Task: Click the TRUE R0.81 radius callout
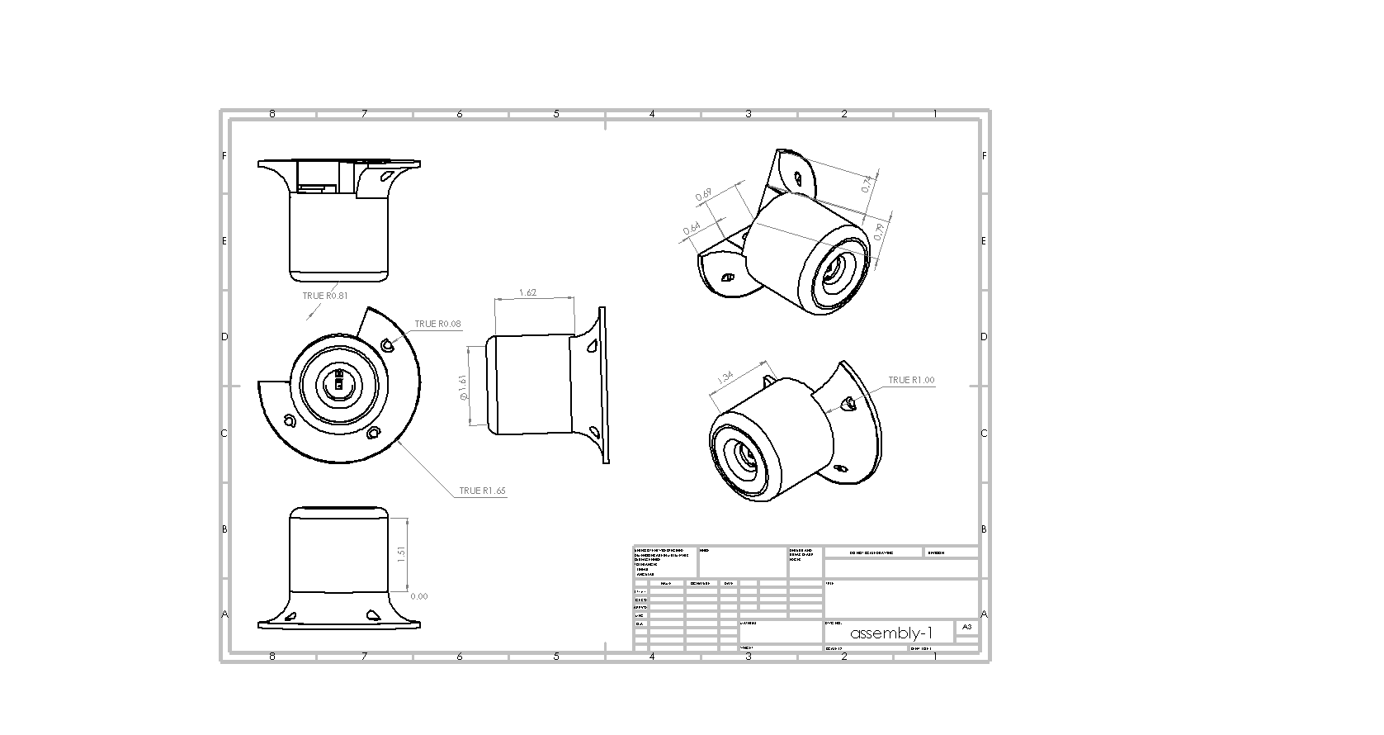click(x=324, y=296)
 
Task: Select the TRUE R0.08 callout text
click(x=437, y=324)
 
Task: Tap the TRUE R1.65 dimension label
click(x=482, y=491)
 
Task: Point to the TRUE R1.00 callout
click(x=911, y=380)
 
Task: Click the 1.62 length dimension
click(x=528, y=292)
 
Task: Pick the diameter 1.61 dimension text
click(x=463, y=388)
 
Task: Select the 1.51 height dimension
click(x=402, y=553)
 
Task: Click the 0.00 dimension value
click(x=418, y=596)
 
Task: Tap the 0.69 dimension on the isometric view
click(x=704, y=196)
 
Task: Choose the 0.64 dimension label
click(x=692, y=228)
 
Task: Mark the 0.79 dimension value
click(x=879, y=232)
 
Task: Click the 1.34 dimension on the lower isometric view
click(x=726, y=377)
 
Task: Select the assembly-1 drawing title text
click(x=891, y=633)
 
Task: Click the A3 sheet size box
click(x=967, y=627)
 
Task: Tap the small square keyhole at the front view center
click(x=338, y=384)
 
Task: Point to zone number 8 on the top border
click(x=272, y=114)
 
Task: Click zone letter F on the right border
click(x=984, y=155)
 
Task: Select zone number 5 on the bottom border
click(x=556, y=657)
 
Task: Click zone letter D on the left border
click(x=224, y=337)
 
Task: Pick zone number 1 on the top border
click(x=935, y=114)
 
